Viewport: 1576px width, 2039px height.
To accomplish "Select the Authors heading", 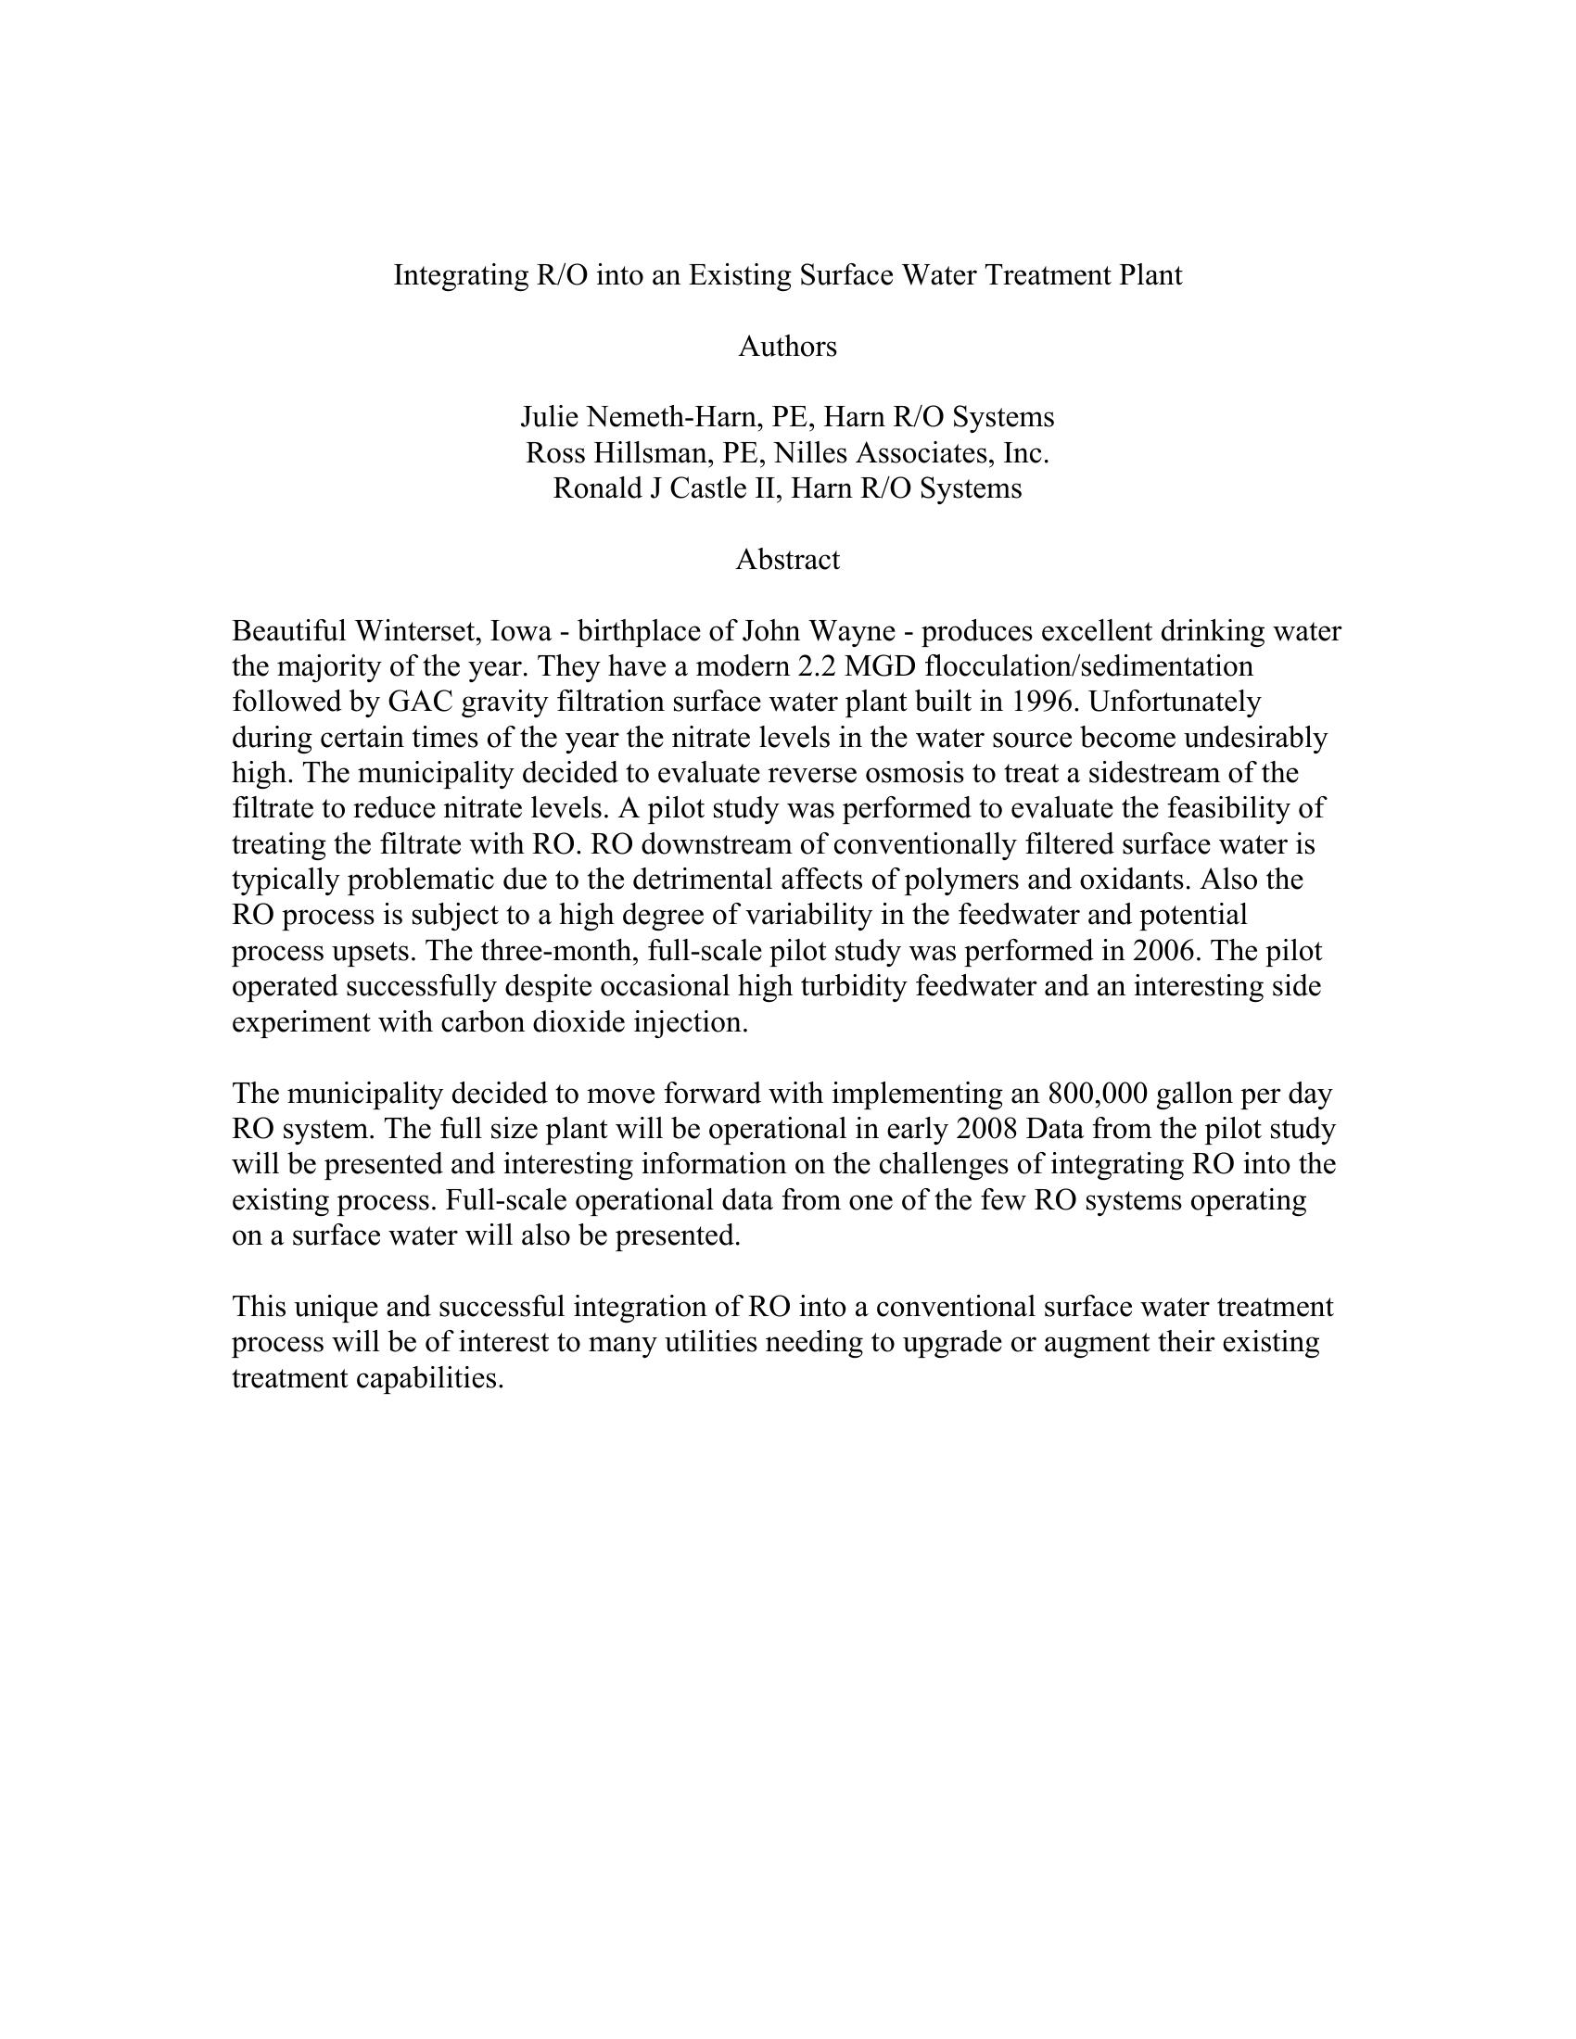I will click(787, 348).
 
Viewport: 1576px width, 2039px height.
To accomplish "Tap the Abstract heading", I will click(787, 560).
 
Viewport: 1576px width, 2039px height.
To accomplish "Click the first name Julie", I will click(549, 417).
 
